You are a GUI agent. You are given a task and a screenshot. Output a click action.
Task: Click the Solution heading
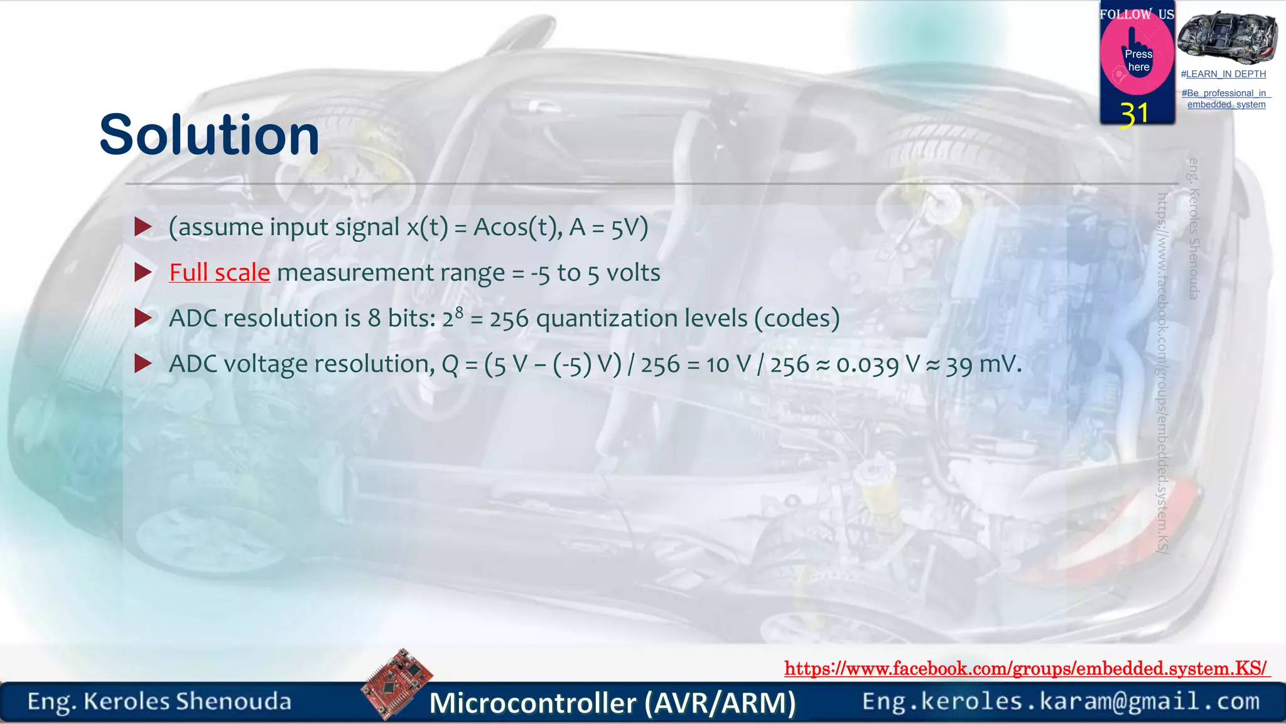click(209, 135)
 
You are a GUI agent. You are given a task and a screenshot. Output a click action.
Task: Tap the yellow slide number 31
click(1134, 114)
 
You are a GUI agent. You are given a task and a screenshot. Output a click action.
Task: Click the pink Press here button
click(1137, 60)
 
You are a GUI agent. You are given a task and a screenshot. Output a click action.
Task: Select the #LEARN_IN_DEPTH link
click(1223, 74)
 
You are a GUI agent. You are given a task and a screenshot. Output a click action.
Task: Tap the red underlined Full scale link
click(219, 273)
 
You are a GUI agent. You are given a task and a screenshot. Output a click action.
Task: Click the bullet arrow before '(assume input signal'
click(143, 227)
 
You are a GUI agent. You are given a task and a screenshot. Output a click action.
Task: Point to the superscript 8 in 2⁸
click(459, 312)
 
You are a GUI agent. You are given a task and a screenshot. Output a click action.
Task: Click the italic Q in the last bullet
click(450, 365)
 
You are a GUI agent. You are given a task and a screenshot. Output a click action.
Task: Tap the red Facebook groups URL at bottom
click(1026, 668)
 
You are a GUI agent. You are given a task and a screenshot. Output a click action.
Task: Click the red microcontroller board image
click(397, 684)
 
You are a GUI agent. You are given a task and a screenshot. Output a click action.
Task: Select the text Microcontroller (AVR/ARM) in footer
click(612, 703)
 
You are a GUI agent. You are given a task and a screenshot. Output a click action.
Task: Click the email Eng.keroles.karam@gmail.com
click(1061, 701)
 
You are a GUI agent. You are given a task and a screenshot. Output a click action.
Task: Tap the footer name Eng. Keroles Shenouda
click(159, 701)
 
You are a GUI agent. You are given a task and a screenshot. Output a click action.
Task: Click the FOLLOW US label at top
click(1136, 14)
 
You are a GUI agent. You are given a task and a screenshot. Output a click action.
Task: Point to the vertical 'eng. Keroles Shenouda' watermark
click(1194, 228)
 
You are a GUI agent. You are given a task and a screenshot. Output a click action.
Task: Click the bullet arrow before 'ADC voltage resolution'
click(143, 363)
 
